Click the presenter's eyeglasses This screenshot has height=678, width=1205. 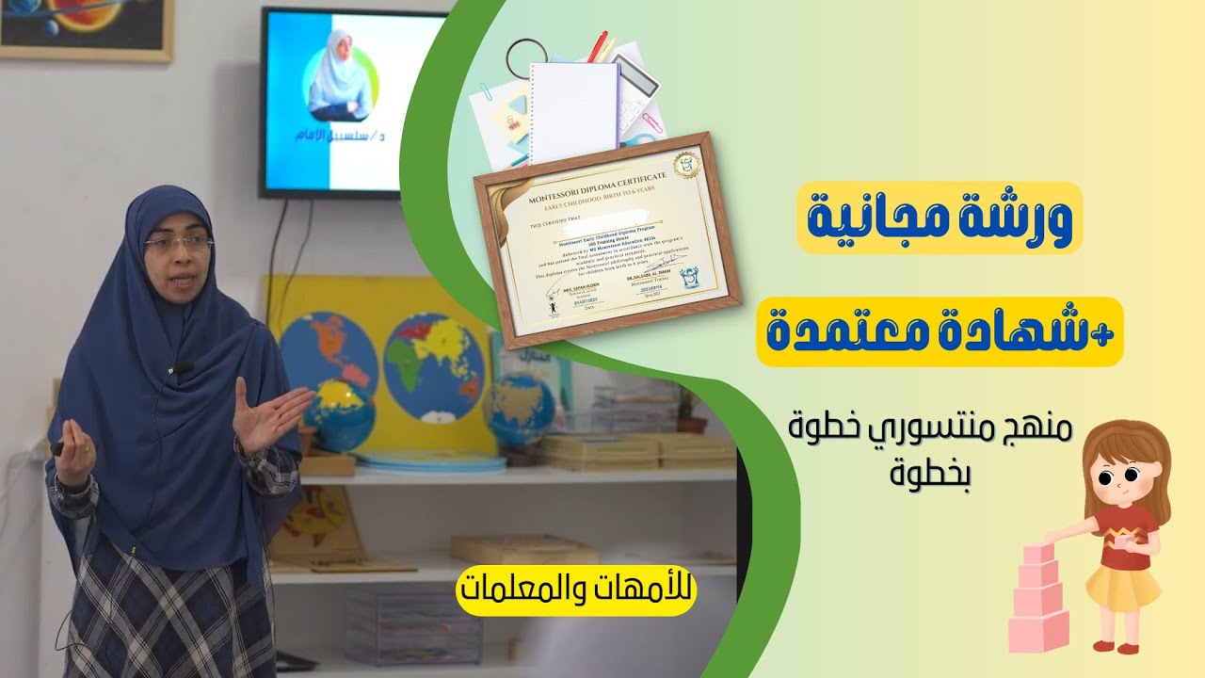[178, 244]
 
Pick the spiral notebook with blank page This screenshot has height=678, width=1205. [573, 108]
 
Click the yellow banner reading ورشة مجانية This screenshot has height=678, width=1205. [940, 218]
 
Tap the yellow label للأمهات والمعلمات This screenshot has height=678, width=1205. [576, 590]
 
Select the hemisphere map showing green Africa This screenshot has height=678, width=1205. [434, 363]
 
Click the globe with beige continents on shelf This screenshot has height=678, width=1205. [518, 410]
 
